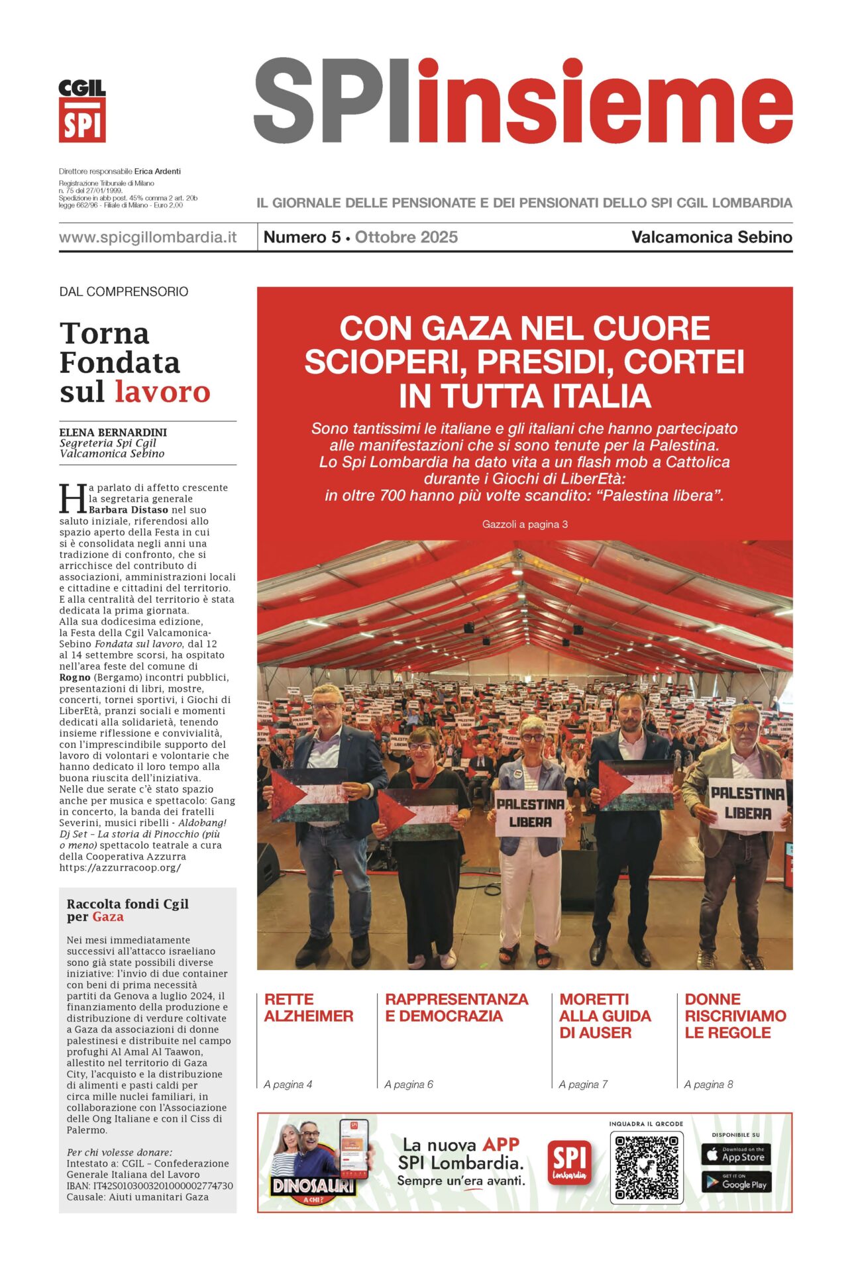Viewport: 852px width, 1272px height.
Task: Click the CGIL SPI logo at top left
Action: pos(82,111)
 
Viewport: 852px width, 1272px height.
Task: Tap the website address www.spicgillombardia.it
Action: pos(148,237)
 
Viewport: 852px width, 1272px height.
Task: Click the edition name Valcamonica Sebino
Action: pos(712,237)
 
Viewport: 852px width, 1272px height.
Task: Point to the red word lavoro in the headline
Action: pos(162,392)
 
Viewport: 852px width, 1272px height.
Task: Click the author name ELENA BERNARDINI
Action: pos(113,432)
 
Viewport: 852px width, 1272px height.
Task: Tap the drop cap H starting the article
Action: pos(72,498)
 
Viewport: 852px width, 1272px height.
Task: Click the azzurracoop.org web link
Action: pos(120,867)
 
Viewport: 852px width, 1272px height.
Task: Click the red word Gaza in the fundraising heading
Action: pos(108,917)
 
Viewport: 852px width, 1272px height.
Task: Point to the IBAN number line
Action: pos(150,1186)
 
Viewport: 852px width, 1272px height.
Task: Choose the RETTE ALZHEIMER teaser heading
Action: pos(309,1008)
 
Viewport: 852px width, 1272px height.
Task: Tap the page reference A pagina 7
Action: pos(583,1085)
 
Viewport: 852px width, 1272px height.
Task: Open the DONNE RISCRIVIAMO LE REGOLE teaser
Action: pos(735,1016)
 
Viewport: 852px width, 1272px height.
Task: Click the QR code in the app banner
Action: pos(646,1168)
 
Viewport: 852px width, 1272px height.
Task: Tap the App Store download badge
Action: pos(735,1155)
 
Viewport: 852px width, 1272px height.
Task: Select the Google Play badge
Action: pos(735,1183)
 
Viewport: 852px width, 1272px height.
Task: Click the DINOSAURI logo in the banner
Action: pos(313,1185)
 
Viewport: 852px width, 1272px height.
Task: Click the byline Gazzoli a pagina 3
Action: pos(525,524)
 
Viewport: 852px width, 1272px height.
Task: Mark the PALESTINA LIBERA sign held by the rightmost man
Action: pos(748,803)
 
